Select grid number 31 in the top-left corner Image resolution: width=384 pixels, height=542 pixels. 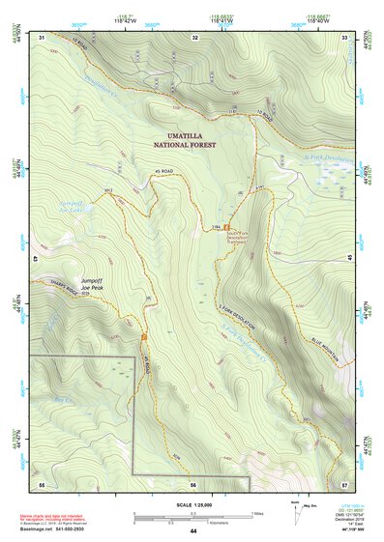(43, 37)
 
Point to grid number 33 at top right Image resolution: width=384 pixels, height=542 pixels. (345, 37)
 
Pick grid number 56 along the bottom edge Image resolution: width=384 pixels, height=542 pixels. (193, 483)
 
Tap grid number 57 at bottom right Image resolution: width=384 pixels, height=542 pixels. (344, 483)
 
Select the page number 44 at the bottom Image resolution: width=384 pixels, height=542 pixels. (193, 532)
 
